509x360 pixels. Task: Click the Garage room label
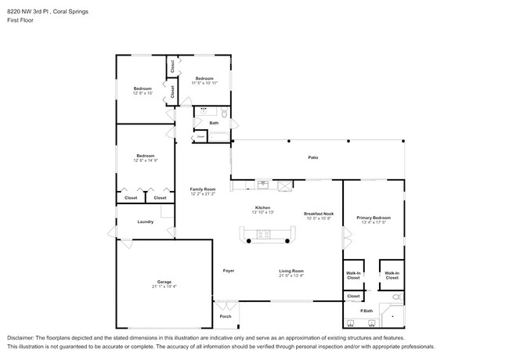164,281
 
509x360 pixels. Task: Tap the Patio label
312,157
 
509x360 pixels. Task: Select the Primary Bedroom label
374,217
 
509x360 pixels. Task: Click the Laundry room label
145,221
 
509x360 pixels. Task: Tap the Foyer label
229,271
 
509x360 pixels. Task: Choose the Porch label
226,317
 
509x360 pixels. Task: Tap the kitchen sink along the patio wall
264,185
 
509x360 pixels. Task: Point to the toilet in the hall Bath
224,114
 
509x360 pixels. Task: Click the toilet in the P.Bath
395,297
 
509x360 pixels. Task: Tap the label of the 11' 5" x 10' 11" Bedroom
204,78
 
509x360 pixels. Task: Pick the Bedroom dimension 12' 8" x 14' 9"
145,160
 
